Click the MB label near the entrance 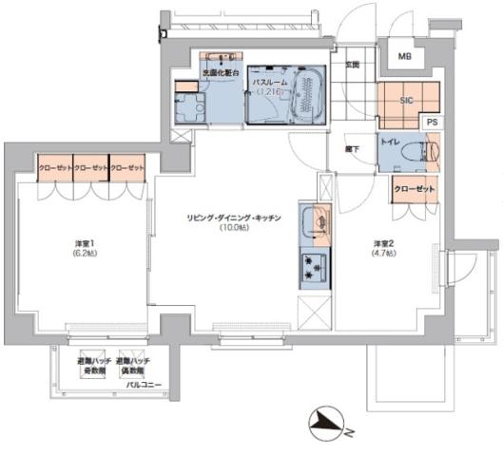pos(405,57)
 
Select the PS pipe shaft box pos(432,122)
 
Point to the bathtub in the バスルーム pos(308,95)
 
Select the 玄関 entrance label pos(352,65)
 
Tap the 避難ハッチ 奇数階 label pos(94,367)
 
